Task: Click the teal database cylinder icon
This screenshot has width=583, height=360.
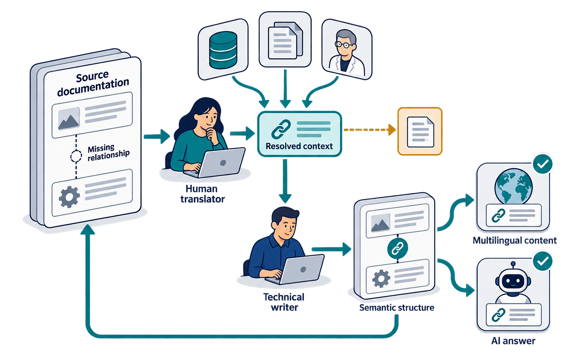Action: (x=223, y=50)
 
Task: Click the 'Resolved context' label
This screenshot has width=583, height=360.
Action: (x=299, y=146)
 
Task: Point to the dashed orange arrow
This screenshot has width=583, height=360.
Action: (x=370, y=129)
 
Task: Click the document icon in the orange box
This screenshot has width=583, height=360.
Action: (x=420, y=132)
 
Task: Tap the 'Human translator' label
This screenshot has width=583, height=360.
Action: (x=202, y=194)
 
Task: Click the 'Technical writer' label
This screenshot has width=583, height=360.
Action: (x=284, y=302)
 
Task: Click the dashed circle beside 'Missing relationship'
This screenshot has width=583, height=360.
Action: (x=76, y=156)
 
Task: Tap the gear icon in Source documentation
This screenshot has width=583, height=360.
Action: (x=69, y=197)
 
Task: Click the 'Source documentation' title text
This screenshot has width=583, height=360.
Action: (x=92, y=83)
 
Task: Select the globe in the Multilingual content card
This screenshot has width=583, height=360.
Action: (x=513, y=186)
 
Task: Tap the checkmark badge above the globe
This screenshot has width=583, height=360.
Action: (x=543, y=164)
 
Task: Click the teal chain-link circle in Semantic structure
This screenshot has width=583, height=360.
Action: (x=398, y=248)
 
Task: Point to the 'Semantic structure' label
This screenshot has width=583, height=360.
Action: (x=397, y=308)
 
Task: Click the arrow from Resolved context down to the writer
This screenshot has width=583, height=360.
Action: (x=285, y=181)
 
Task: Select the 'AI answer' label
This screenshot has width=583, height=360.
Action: (x=513, y=341)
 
